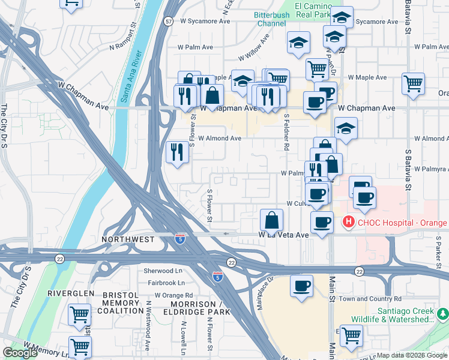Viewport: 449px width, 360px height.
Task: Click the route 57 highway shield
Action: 170,21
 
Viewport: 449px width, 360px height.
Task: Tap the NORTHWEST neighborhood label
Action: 127,239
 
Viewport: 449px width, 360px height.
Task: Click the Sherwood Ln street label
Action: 163,271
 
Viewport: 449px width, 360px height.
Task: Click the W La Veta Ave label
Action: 283,235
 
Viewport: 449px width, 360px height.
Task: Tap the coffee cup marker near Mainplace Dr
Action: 301,286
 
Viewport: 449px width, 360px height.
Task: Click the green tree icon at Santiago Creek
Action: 443,313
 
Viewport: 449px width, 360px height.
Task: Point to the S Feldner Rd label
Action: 287,132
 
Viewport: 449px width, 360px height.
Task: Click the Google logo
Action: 20,353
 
